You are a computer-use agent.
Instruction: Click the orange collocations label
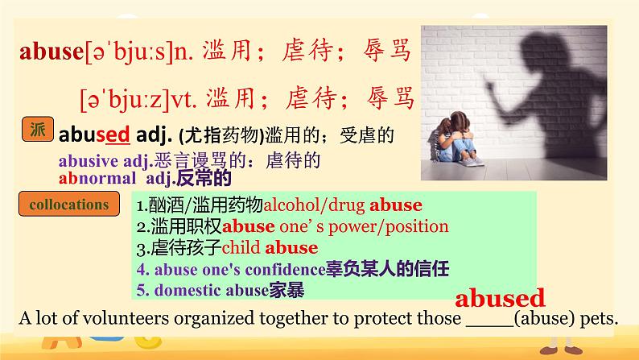[x=68, y=205]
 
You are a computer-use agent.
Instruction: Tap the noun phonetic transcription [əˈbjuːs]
[x=128, y=54]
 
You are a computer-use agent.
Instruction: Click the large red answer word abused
[x=501, y=298]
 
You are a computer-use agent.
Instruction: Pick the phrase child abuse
[x=270, y=247]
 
